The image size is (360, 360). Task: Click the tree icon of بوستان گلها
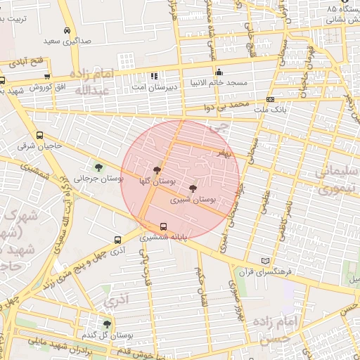[x=156, y=170]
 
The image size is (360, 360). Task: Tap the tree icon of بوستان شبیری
[x=193, y=188]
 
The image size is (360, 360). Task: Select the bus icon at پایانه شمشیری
[x=164, y=226]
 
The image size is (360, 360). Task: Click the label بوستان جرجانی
[x=99, y=179]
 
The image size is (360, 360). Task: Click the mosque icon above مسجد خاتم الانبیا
[x=219, y=72]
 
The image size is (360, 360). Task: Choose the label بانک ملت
[x=271, y=110]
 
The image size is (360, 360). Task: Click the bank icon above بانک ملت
[x=271, y=99]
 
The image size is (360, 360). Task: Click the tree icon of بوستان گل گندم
[x=107, y=324]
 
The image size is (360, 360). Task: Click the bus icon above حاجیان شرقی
[x=39, y=136]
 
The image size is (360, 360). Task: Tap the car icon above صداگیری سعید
[x=66, y=31]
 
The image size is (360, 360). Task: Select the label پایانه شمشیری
[x=164, y=238]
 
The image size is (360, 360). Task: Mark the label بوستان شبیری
[x=193, y=200]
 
